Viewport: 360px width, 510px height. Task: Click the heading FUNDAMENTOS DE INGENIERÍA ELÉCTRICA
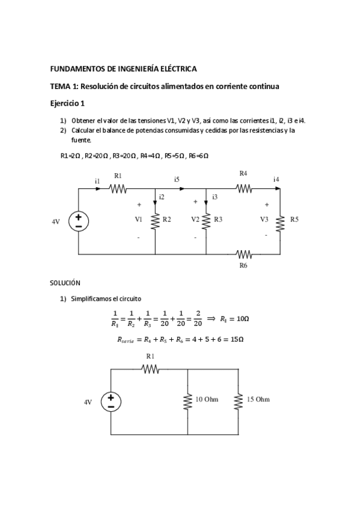pos(123,69)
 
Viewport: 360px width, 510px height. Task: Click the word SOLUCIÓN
pos(65,282)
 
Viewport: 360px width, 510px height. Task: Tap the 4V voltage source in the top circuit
pos(79,221)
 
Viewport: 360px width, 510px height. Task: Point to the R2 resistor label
pos(167,220)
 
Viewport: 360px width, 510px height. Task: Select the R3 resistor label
pos(218,220)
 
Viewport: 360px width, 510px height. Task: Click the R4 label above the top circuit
pos(243,173)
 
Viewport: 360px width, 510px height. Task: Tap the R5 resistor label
pos(294,220)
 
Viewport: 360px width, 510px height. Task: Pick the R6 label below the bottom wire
pos(243,265)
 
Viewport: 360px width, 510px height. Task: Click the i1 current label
pos(97,180)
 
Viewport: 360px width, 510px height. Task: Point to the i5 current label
pos(177,179)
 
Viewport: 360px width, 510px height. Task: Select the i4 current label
pos(276,179)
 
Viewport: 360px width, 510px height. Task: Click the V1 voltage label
pos(139,220)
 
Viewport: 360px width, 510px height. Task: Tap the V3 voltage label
pos(264,220)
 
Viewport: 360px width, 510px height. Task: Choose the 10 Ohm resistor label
pos(208,399)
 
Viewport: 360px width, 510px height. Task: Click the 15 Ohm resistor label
pos(258,399)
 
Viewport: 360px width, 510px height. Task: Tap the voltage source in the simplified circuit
pos(111,401)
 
